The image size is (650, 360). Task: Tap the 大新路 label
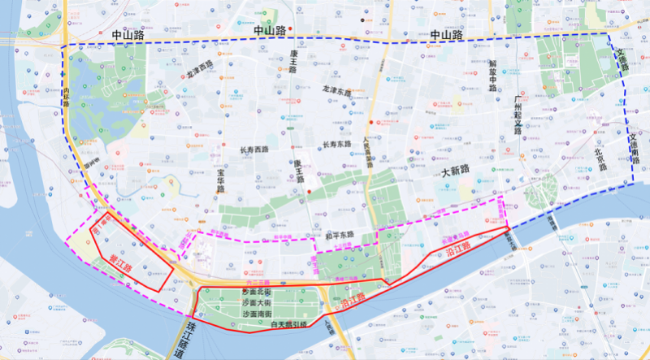click(x=456, y=172)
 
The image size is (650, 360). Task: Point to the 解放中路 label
click(x=492, y=75)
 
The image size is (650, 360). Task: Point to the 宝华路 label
click(x=220, y=180)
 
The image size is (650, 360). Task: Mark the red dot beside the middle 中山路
click(x=290, y=31)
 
